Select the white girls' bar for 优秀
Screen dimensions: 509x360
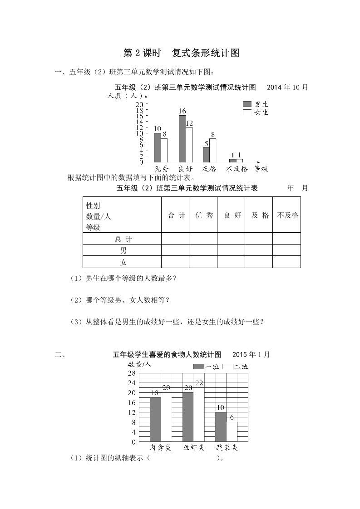[164, 150]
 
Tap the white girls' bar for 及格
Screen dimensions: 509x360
[213, 150]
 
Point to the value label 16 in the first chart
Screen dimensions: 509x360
[182, 111]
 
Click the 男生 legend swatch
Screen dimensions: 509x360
[247, 104]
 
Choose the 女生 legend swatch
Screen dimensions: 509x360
[247, 112]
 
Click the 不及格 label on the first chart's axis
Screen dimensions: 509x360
[237, 169]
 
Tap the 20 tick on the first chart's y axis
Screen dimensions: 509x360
[139, 105]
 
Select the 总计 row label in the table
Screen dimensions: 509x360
[123, 239]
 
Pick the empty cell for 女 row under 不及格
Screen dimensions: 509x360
[286, 262]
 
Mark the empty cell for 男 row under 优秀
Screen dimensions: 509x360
[203, 250]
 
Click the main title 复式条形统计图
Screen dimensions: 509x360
[205, 53]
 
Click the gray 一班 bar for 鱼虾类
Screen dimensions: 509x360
[188, 416]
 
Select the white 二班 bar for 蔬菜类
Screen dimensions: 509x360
[232, 431]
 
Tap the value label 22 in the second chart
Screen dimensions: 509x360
[199, 383]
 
